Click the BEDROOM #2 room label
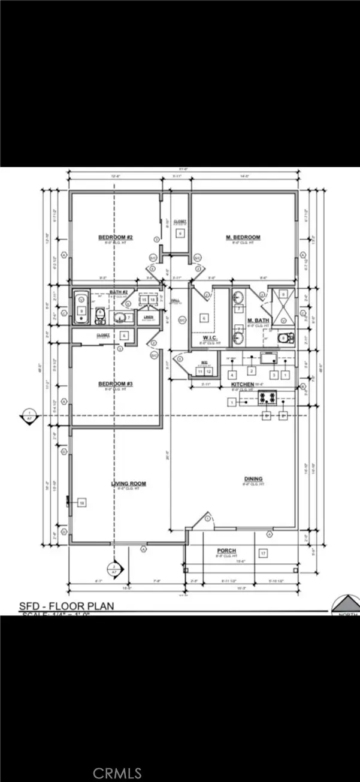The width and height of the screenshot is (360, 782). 115,238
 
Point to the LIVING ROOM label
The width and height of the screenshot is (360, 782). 128,484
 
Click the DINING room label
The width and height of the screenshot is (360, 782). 253,478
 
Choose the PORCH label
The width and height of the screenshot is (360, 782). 226,551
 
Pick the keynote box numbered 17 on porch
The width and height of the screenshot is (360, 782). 262,553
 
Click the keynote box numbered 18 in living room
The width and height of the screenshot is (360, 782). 82,503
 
